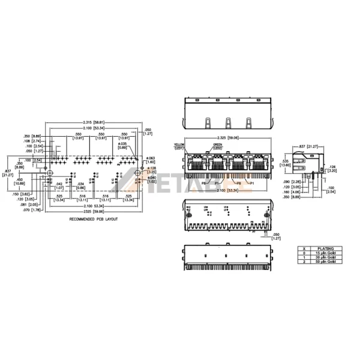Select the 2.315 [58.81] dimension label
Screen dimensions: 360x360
click(92, 122)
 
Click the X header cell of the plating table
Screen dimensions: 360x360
click(304, 248)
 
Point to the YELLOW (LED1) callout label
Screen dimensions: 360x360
click(179, 146)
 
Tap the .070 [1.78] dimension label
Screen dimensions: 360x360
click(34, 211)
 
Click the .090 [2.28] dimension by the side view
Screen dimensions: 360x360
click(291, 182)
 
